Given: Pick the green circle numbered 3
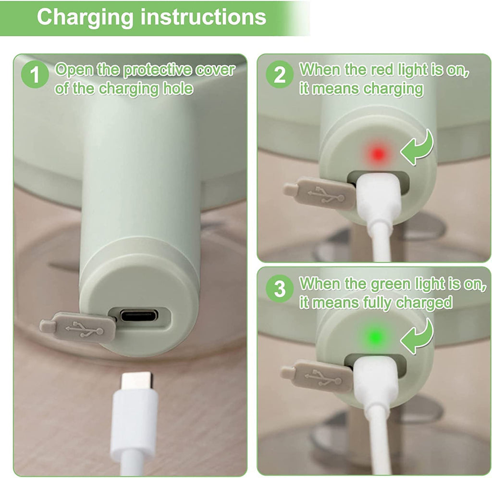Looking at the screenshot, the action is tap(279, 289).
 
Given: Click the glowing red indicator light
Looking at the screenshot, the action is tap(378, 154).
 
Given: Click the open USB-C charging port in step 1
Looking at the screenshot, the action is tap(139, 315).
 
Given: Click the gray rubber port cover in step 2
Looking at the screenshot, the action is tap(320, 193).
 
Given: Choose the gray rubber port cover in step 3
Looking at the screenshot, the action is tap(317, 376).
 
